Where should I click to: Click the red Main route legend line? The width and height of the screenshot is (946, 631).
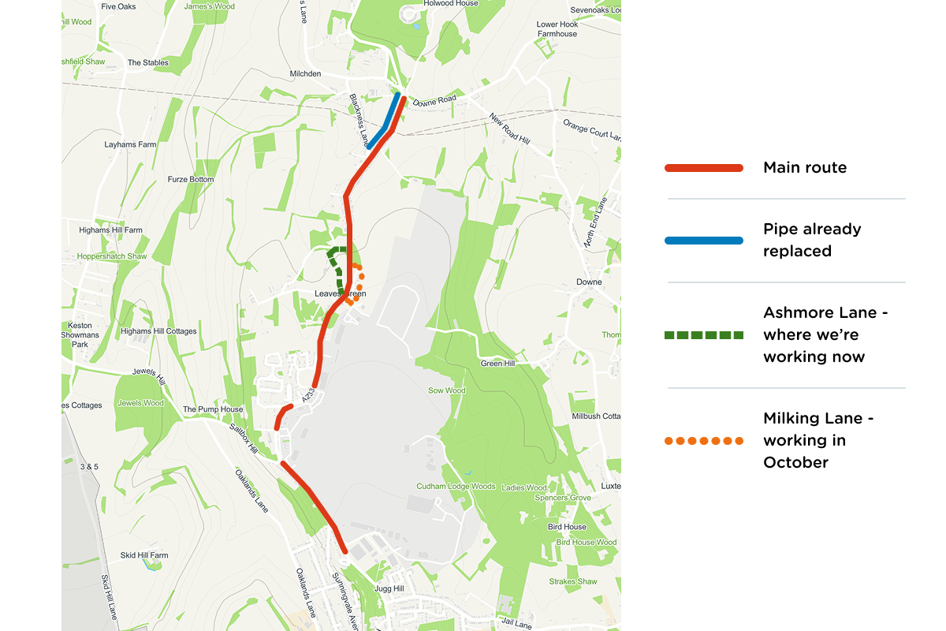point(704,168)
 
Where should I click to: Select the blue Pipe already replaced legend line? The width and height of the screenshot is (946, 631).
point(704,241)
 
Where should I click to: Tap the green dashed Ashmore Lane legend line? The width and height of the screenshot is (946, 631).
point(704,335)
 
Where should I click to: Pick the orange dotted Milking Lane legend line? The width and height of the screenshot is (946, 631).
point(704,441)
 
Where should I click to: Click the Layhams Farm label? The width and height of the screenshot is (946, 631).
point(131,145)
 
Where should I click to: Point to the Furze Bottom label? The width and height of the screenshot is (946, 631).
point(191,180)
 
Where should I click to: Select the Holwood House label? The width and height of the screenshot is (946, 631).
point(451,3)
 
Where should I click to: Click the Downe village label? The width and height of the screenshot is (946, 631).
point(589,282)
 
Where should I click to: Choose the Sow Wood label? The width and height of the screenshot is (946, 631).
point(447,390)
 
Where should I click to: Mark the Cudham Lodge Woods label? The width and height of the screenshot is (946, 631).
point(456,487)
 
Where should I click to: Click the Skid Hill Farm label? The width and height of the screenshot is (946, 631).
point(144,555)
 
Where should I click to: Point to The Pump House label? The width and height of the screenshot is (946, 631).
point(213,410)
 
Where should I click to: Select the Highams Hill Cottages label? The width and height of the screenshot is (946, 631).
point(158,331)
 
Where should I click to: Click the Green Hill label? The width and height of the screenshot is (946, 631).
point(497,364)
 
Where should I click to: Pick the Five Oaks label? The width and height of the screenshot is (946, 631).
point(119,6)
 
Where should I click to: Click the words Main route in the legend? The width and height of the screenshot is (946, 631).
point(805,168)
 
